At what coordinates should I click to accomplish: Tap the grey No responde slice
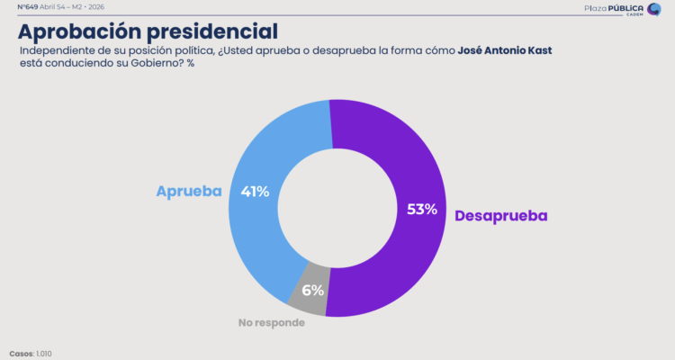(308, 290)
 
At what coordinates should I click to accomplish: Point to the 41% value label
(255, 191)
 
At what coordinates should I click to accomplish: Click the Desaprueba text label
(500, 216)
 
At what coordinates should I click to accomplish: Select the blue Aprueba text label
(189, 192)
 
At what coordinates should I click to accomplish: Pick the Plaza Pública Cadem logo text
(612, 9)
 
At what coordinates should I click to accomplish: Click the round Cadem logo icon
(654, 9)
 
